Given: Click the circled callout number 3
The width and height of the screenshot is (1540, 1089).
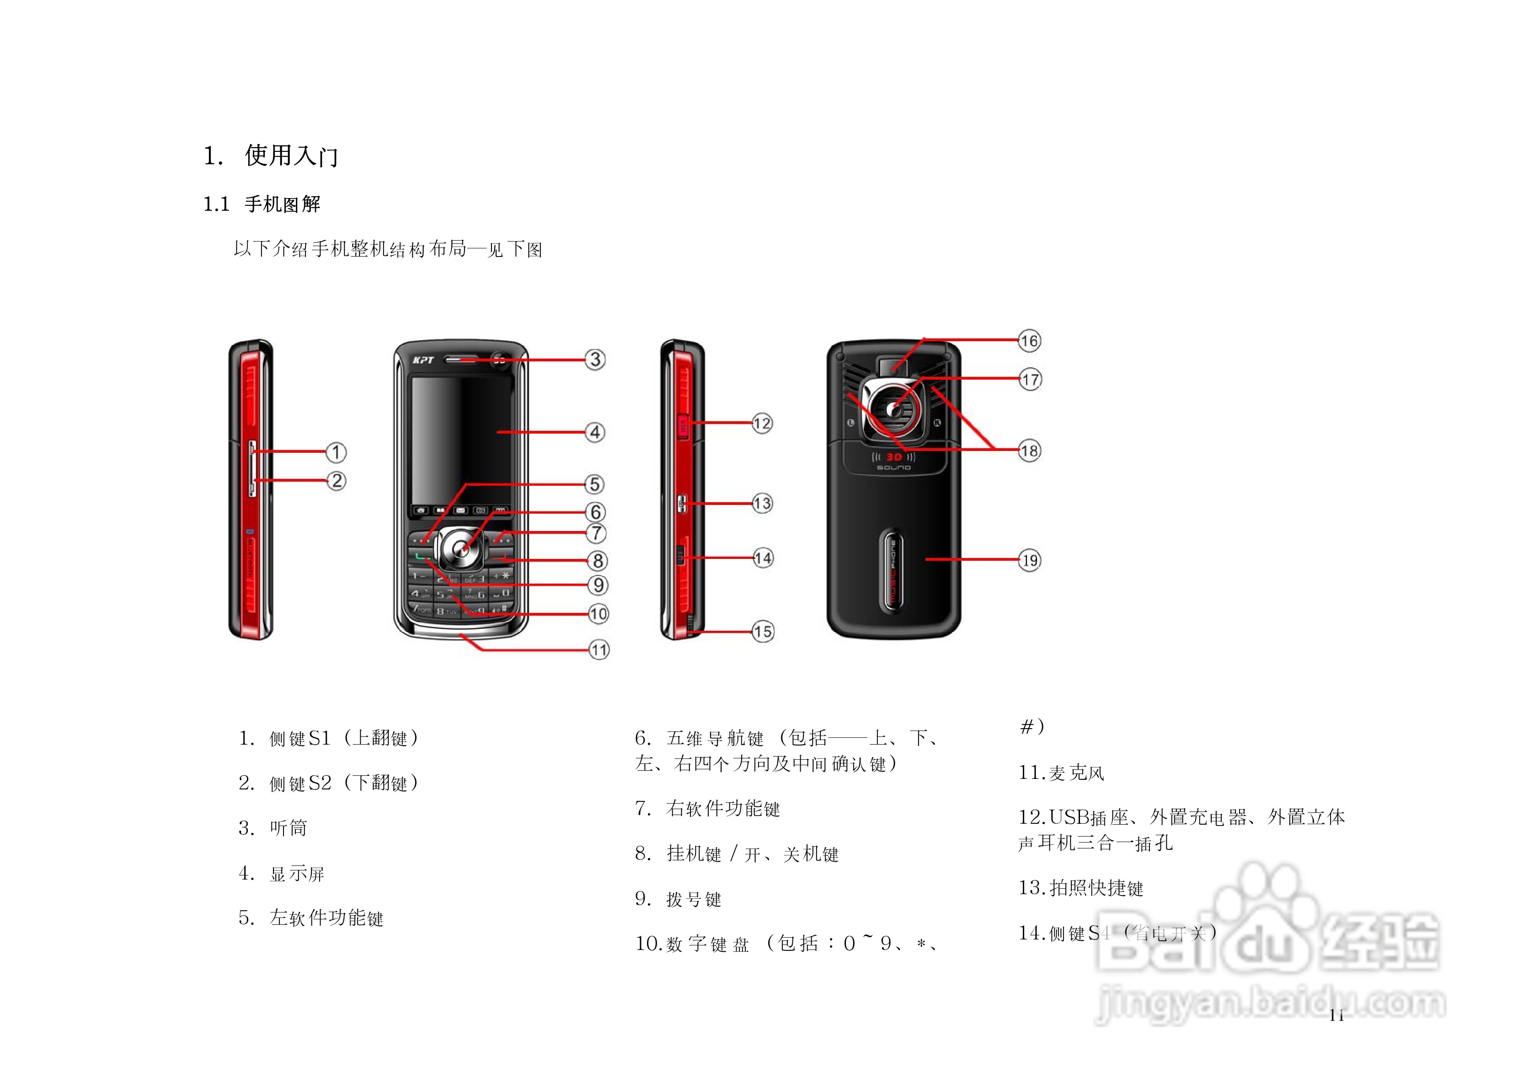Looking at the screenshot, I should pos(595,359).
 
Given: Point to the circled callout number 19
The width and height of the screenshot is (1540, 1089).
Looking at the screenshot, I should pos(1030,560).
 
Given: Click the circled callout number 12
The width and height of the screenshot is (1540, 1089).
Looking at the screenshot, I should pos(762,424).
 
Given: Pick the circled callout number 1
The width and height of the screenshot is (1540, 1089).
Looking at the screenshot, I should pos(336,452).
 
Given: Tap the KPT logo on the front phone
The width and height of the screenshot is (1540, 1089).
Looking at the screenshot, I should pos(423,360).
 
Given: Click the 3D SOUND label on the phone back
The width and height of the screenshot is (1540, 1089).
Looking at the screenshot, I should pos(893,461).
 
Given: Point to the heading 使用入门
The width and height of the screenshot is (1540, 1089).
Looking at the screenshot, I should pos(291,156).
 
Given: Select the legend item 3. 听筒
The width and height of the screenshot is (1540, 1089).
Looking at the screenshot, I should pos(273,828).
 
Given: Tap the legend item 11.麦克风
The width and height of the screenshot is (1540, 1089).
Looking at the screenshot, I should pos(1060,773).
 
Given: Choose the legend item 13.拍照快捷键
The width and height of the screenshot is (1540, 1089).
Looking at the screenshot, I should pos(1080,888).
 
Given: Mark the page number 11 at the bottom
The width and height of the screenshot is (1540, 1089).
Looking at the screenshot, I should pos(1336,1015).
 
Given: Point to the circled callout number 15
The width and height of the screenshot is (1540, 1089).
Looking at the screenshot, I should pos(763,631).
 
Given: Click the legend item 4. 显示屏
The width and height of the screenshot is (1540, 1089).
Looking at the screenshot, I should pos(282,874).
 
